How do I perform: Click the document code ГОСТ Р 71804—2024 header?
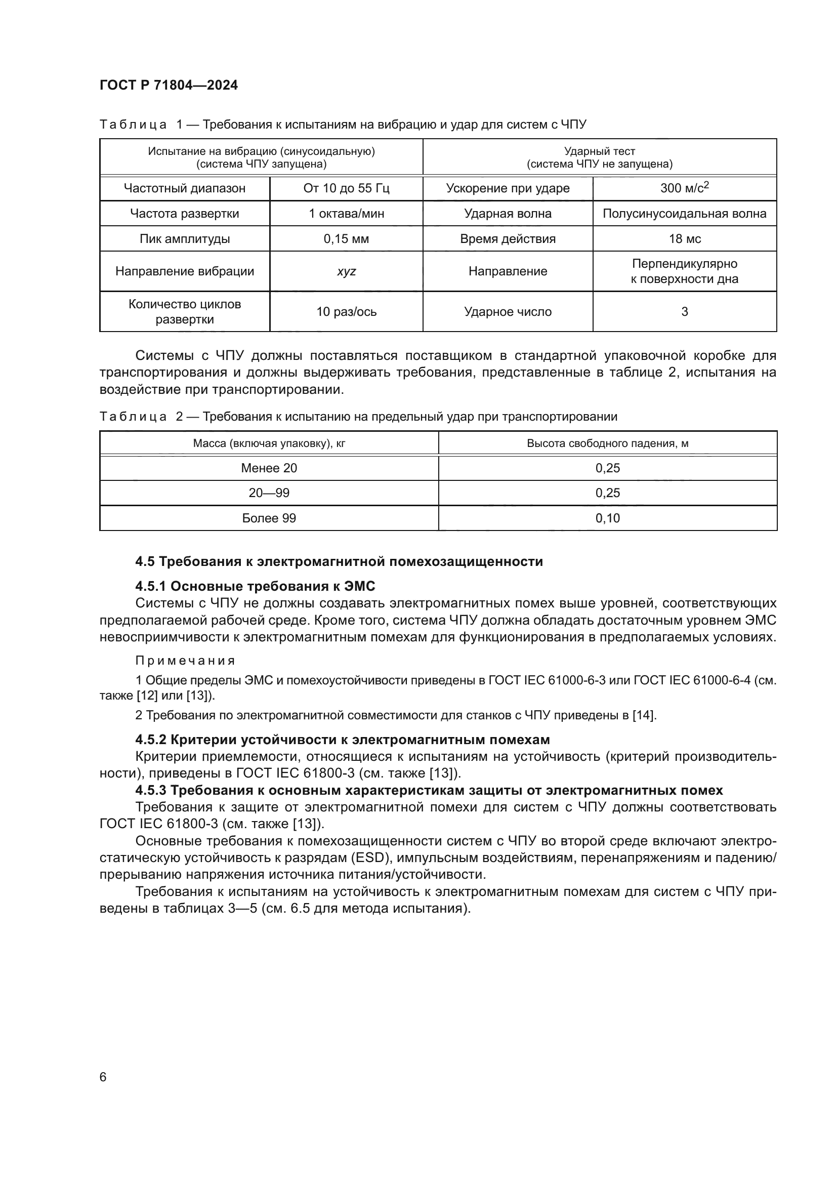click(x=169, y=86)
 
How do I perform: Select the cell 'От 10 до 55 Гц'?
click(x=346, y=188)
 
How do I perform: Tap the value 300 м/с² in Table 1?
click(x=684, y=188)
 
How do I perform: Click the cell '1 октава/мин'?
click(x=346, y=214)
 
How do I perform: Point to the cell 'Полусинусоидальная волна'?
click(x=684, y=214)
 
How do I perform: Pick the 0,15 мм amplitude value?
click(x=346, y=239)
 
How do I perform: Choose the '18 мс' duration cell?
click(x=684, y=239)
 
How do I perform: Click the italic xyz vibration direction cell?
click(x=346, y=271)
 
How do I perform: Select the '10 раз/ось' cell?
click(x=346, y=311)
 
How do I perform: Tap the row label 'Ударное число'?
click(x=508, y=311)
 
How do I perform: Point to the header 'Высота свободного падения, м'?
click(x=607, y=443)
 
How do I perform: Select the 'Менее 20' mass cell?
click(x=269, y=468)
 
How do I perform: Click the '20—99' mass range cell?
click(x=269, y=493)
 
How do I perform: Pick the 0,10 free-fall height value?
click(x=607, y=518)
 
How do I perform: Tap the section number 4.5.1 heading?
click(x=151, y=586)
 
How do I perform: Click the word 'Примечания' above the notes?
click(x=185, y=661)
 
